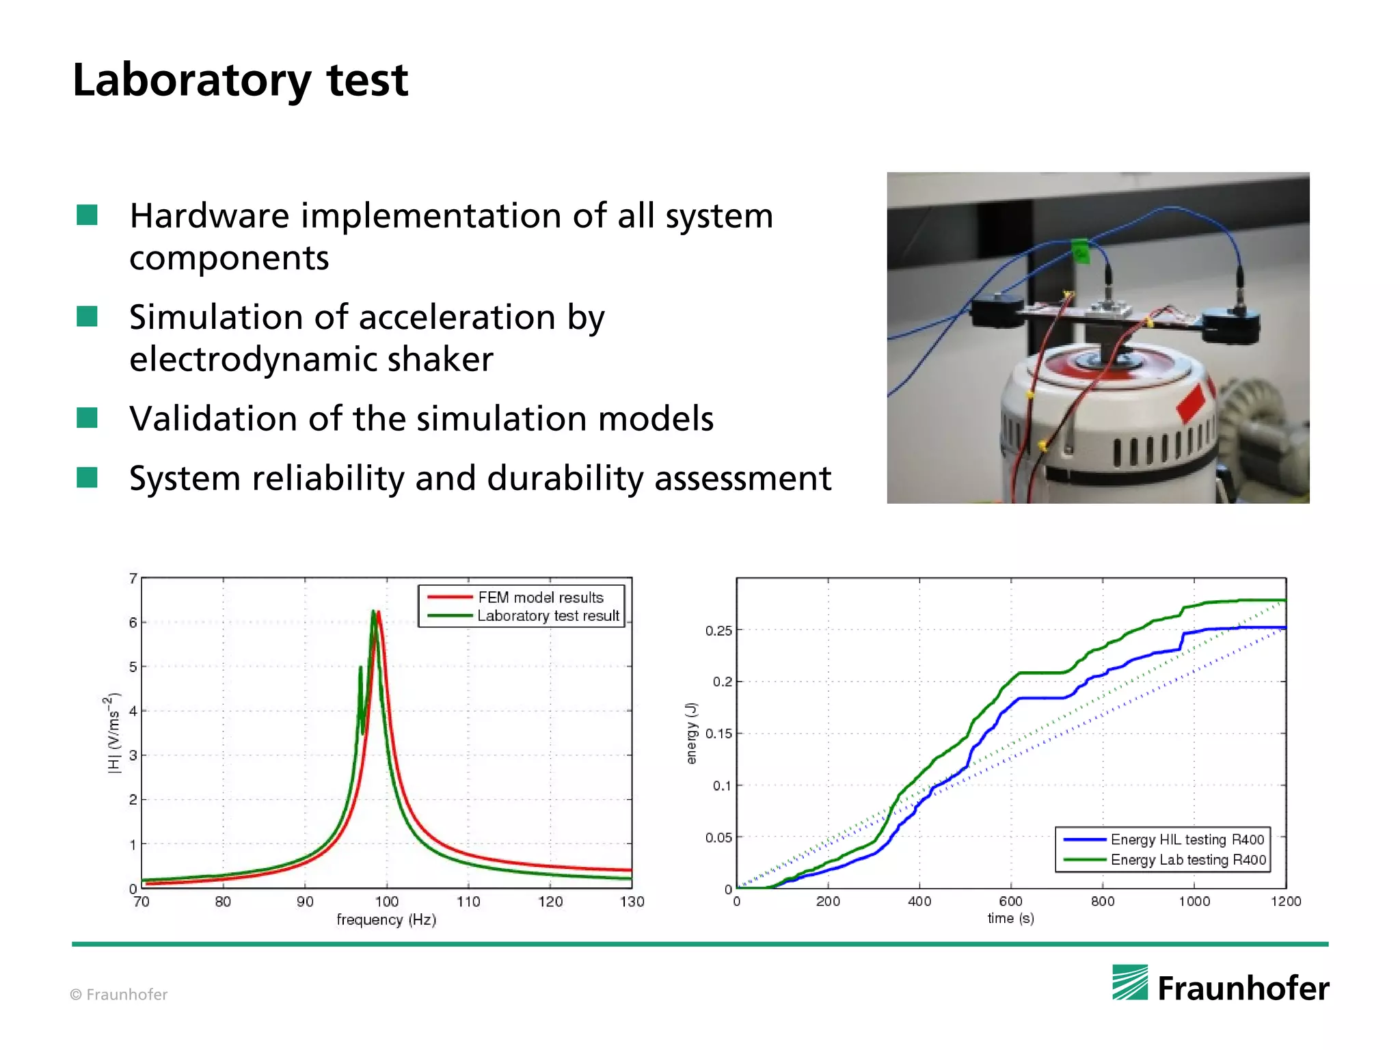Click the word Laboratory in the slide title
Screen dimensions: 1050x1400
[x=191, y=81]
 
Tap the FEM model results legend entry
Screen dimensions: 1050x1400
[x=540, y=597]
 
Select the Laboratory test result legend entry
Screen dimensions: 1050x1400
[x=548, y=616]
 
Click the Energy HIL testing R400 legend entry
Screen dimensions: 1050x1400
[x=1187, y=839]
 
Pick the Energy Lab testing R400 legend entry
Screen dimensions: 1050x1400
[x=1188, y=860]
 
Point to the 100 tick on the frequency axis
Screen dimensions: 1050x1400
[x=386, y=902]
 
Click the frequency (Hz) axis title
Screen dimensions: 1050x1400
[x=386, y=920]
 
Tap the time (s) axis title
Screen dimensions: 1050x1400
[x=1010, y=919]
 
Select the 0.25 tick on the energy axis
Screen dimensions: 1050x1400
[x=718, y=630]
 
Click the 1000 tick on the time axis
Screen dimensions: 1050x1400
[x=1194, y=902]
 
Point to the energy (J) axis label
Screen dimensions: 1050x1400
[x=691, y=733]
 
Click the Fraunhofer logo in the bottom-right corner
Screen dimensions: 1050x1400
[x=1220, y=985]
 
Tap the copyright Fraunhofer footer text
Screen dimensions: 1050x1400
[x=119, y=995]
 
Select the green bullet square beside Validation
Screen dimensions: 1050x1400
[x=87, y=418]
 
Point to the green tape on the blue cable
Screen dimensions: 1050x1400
[x=1080, y=250]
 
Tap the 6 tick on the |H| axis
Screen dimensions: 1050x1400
[x=133, y=623]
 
